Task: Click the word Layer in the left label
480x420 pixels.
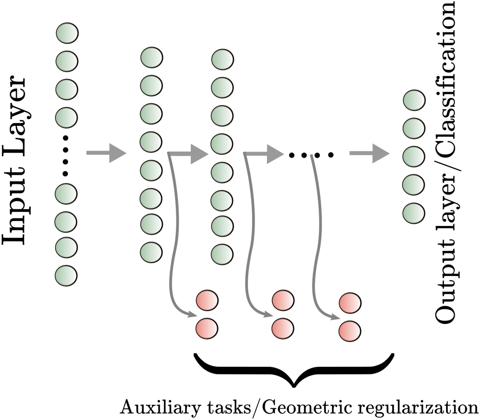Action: [x=15, y=117]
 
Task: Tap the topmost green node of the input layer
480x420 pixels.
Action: [x=67, y=33]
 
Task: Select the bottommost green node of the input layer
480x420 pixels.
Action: [x=66, y=275]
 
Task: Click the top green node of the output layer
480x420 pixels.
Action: [x=414, y=100]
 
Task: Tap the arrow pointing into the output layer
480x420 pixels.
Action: [x=370, y=153]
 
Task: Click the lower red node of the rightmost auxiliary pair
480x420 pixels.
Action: [x=350, y=331]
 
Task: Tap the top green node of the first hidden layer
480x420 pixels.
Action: [x=152, y=58]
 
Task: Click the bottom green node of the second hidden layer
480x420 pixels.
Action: [x=222, y=254]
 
